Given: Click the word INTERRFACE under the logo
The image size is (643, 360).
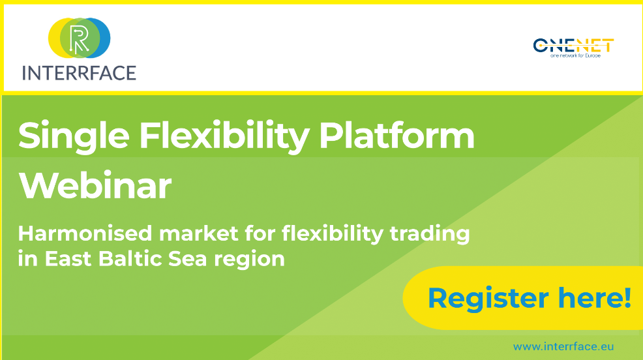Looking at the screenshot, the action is click(x=79, y=73).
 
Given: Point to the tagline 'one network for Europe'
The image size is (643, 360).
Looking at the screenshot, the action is click(x=575, y=55).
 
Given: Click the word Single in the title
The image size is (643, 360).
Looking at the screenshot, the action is click(x=74, y=136).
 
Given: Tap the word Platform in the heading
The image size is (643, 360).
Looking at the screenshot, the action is click(x=396, y=135).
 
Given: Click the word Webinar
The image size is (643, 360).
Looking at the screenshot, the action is click(x=95, y=186).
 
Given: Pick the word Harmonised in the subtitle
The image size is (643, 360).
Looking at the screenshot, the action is click(x=85, y=233).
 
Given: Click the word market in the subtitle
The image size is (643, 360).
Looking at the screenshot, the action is click(x=198, y=233).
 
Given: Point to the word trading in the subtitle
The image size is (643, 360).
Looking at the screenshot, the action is click(x=429, y=235).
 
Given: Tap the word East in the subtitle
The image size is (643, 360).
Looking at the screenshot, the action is click(x=68, y=259).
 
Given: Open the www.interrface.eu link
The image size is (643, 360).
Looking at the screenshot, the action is click(x=563, y=346).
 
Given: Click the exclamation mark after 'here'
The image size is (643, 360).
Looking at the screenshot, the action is click(x=627, y=297).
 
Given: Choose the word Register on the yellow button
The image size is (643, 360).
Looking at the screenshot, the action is click(x=488, y=299).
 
